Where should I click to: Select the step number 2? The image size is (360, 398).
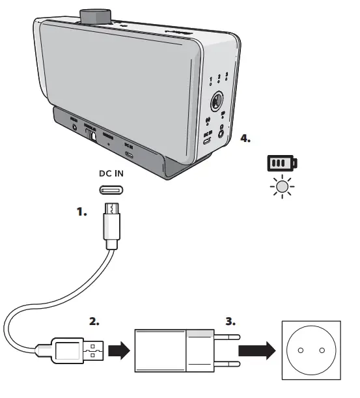click(x=97, y=321)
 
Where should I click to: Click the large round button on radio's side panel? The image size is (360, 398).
click(x=216, y=103)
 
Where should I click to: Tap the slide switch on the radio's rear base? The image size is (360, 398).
click(x=93, y=135)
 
